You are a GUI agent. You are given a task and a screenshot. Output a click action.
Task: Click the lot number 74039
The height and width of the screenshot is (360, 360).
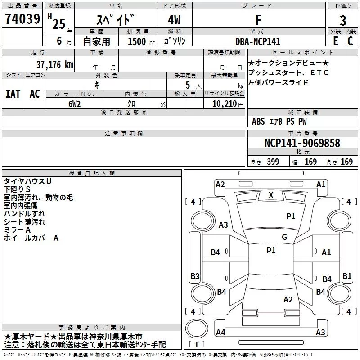click(22, 20)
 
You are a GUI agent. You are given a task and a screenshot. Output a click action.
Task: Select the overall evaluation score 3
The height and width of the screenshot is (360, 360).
click(343, 20)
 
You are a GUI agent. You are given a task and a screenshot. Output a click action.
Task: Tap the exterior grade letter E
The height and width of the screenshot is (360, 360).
click(335, 40)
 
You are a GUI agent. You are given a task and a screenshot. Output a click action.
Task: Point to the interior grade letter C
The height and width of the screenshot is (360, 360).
click(350, 40)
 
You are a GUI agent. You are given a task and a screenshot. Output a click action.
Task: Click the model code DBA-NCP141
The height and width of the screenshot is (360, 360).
click(258, 41)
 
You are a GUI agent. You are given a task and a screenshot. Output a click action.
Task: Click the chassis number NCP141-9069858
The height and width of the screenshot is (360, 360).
click(302, 144)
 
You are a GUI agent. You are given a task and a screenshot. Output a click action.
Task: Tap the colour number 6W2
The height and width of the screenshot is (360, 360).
click(75, 103)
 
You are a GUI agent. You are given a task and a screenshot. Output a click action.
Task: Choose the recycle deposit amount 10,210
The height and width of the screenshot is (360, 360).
click(224, 103)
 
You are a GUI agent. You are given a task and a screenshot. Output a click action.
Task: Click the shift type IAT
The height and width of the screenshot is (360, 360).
click(13, 94)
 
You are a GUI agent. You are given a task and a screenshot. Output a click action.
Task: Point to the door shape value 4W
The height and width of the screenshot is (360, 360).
click(175, 21)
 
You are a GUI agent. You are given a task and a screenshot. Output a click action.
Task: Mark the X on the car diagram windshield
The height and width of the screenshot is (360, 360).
click(271, 195)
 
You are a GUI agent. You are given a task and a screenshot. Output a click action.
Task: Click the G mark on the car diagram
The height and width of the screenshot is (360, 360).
click(284, 237)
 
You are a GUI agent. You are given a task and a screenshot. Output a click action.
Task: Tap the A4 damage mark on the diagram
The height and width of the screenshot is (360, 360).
click(220, 333)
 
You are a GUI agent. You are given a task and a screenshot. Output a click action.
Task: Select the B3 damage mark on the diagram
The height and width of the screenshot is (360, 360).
click(195, 276)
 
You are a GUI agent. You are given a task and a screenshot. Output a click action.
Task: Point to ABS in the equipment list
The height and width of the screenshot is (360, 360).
click(258, 121)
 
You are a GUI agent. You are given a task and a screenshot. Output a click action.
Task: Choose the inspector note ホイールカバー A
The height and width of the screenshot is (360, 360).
click(31, 238)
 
